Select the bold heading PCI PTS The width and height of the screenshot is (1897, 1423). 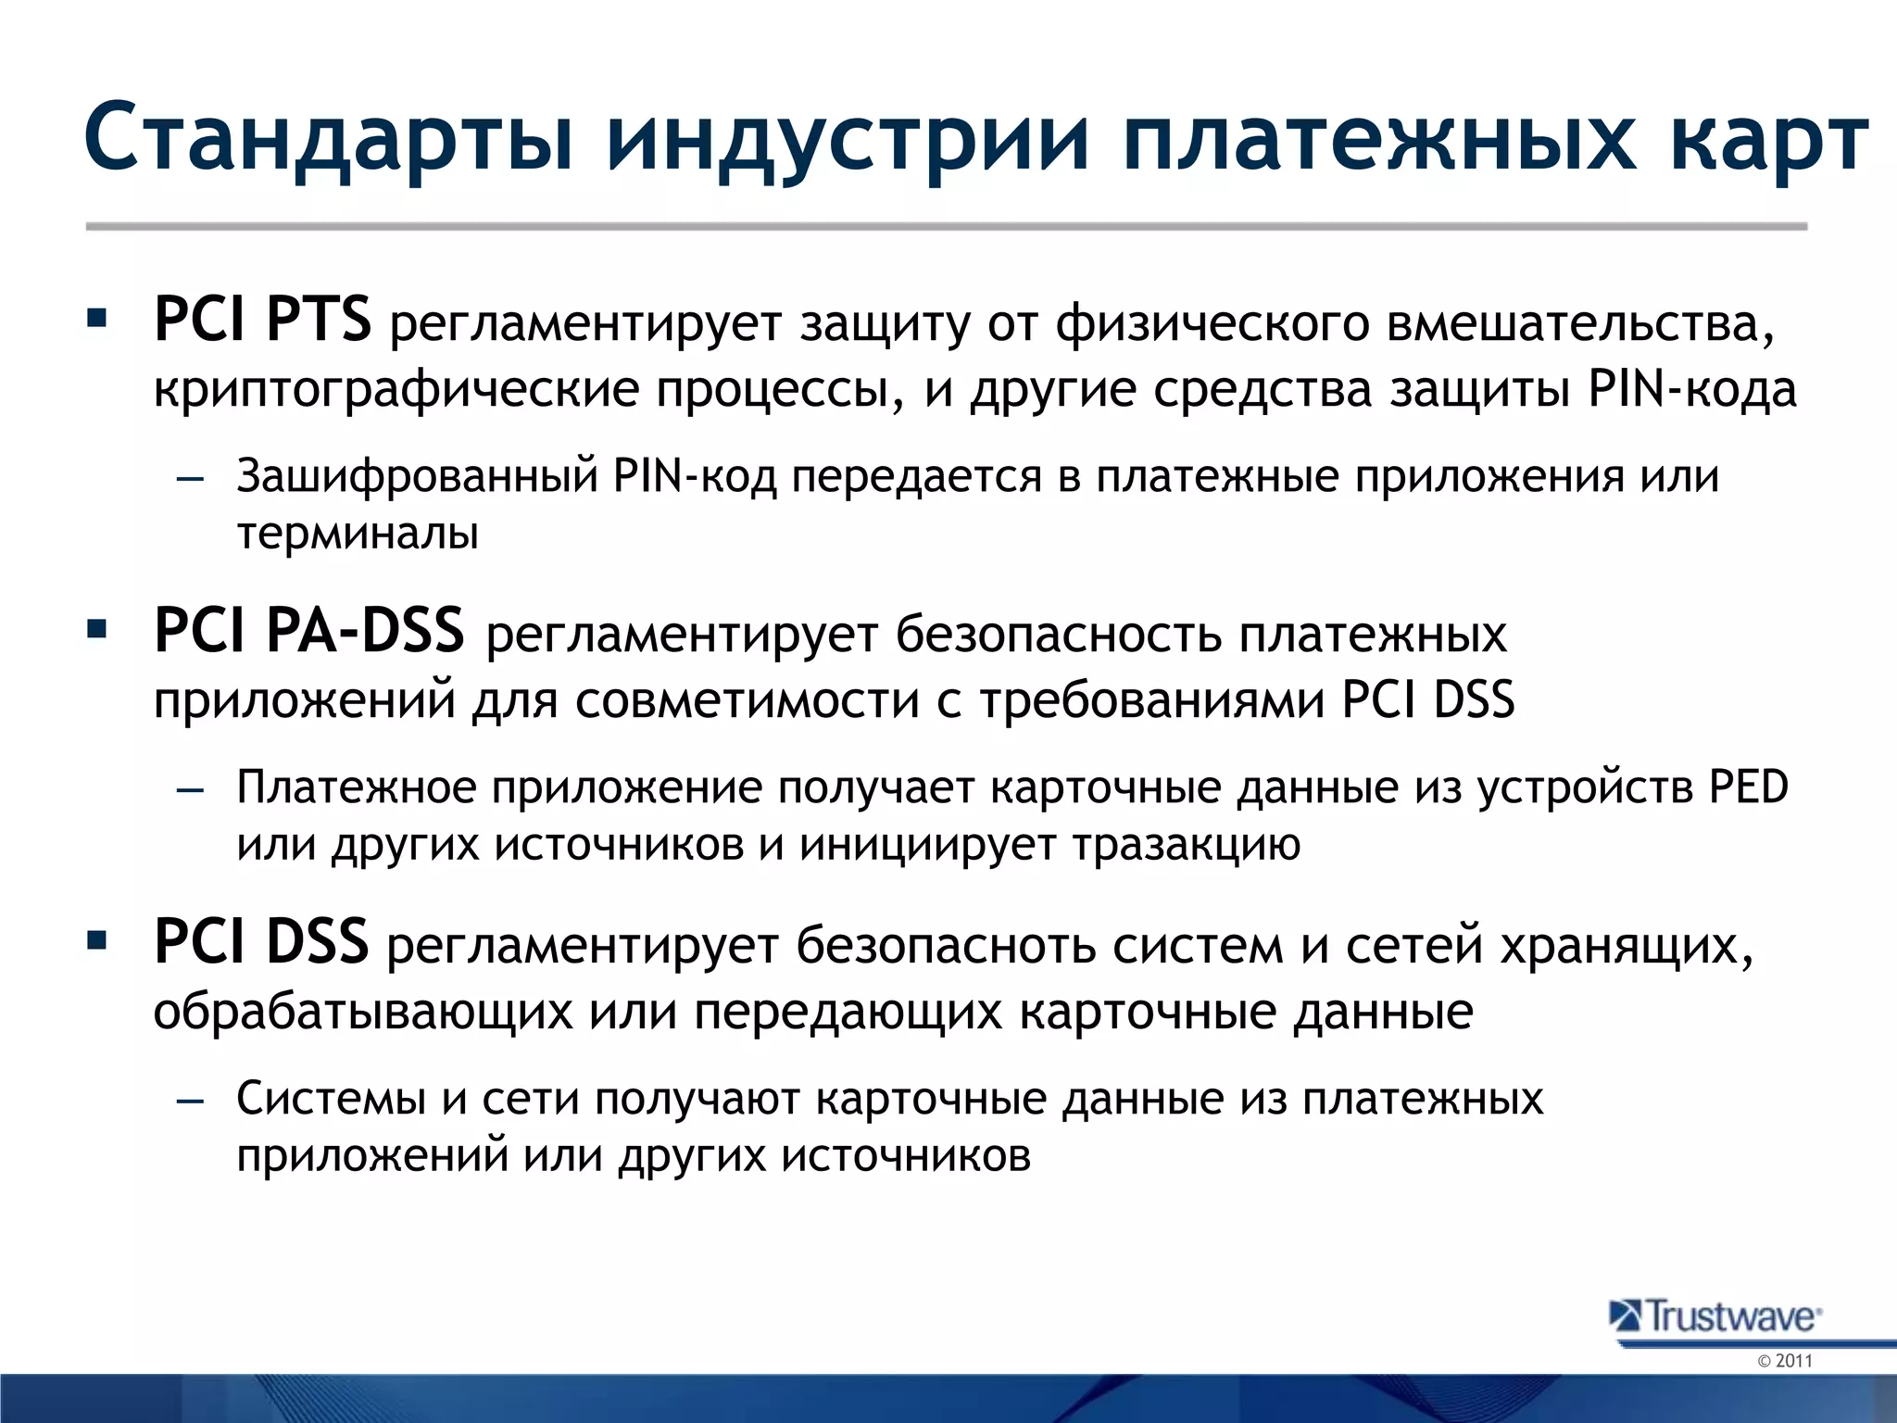[x=262, y=320]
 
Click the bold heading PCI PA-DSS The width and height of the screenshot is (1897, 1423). [x=308, y=631]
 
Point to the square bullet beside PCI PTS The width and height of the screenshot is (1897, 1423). [x=96, y=320]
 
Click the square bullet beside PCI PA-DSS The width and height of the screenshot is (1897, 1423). [x=96, y=631]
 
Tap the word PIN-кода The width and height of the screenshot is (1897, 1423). [x=1691, y=390]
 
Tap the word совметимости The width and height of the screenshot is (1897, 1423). [x=747, y=700]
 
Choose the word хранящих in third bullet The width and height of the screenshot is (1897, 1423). [x=1625, y=946]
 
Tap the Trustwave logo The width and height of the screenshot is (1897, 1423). [x=1716, y=1316]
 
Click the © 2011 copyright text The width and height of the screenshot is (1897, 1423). [x=1784, y=1361]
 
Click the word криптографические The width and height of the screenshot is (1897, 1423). [x=396, y=390]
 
